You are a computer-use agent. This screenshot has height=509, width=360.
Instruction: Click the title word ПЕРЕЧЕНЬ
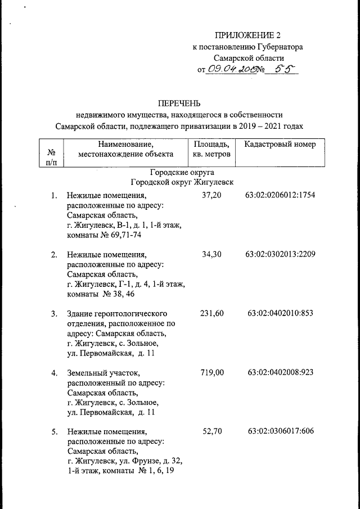(179, 103)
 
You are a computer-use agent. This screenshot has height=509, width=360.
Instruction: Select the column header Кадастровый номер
(280, 145)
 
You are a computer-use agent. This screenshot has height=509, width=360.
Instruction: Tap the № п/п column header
(52, 157)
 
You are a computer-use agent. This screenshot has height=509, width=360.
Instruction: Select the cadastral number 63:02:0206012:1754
(280, 196)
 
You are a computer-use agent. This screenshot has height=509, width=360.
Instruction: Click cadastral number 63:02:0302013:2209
(280, 255)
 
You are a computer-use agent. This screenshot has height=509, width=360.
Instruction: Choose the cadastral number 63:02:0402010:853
(280, 313)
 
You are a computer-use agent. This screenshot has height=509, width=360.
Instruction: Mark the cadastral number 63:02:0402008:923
(280, 372)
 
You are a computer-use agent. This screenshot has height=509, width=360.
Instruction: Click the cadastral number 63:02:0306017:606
(280, 431)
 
